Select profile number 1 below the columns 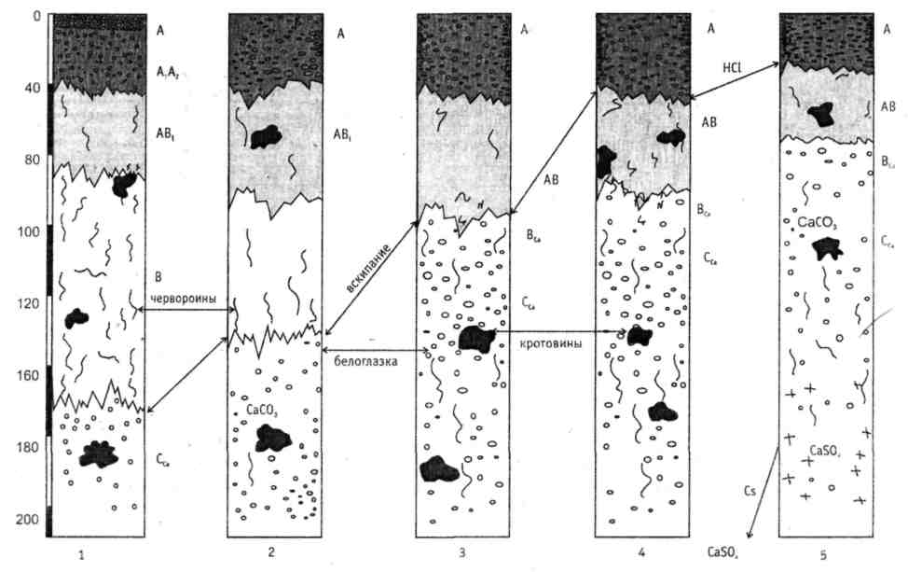(x=83, y=554)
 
